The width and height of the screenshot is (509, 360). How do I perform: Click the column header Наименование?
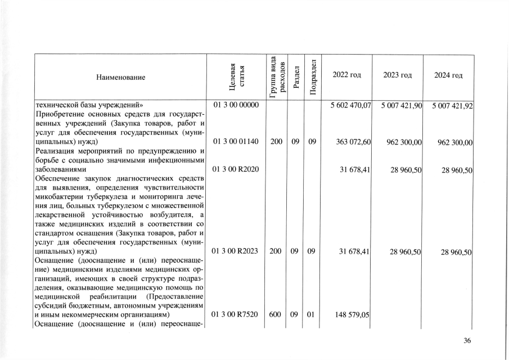pyautogui.click(x=120, y=76)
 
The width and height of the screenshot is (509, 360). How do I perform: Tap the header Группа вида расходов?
pyautogui.click(x=276, y=76)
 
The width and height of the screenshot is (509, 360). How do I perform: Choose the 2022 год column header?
pyautogui.click(x=347, y=75)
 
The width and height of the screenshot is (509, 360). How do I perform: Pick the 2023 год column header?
pyautogui.click(x=397, y=75)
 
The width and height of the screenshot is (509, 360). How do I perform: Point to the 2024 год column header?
pyautogui.click(x=448, y=75)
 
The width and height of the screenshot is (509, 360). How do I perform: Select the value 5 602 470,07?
pyautogui.click(x=349, y=106)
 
